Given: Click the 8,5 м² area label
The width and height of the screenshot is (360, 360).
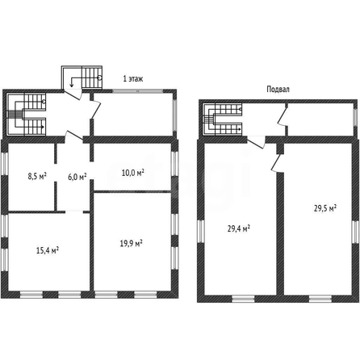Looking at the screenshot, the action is coord(37,176).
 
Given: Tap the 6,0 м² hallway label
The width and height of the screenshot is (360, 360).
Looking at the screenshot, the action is coord(77,177).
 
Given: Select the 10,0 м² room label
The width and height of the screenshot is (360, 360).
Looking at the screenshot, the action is coord(133,173).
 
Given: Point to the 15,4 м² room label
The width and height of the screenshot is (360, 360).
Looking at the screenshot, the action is coord(48,250).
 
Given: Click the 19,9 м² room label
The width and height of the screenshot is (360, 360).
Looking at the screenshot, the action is coord(131,244).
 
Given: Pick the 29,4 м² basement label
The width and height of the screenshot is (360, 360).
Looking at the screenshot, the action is coord(239,228).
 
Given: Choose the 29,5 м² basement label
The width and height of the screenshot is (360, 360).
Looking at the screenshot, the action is coord(325,208).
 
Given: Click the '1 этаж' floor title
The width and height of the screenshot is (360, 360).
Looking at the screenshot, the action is coord(133,79).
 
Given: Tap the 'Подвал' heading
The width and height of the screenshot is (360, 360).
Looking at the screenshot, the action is coord(278,90).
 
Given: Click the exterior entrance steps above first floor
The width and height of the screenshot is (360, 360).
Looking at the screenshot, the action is coord(82,77).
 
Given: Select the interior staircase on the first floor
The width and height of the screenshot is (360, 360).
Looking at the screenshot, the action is coord(26,114).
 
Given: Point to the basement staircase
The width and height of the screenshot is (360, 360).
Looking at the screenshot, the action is coord(222,119).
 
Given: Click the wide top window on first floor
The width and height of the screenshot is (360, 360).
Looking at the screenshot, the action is coord(137,91).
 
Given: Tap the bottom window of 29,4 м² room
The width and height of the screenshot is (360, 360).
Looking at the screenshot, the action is coord(243,299).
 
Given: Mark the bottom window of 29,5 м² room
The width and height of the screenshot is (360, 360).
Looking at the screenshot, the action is coord(320,299).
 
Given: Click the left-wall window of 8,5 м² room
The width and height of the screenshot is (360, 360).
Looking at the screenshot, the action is coord(5,164).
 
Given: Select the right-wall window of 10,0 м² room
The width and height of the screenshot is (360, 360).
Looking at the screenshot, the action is coord(175,164).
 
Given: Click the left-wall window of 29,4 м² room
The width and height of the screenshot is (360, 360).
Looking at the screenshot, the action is coord(201,231).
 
